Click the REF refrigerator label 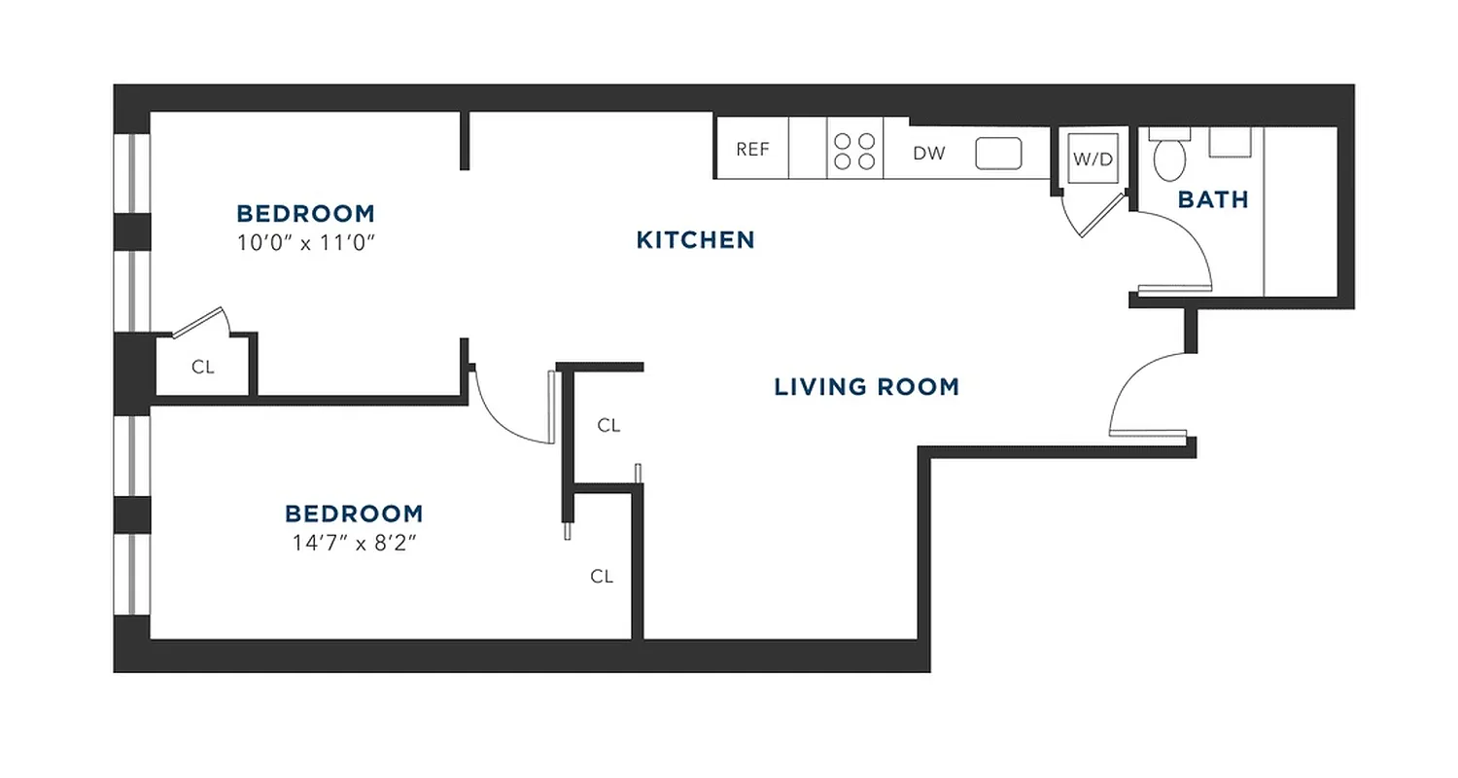point(752,149)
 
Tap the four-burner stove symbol point(854,151)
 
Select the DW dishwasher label point(929,154)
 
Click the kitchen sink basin point(998,153)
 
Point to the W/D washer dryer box point(1093,159)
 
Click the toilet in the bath point(1168,157)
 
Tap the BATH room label point(1213,199)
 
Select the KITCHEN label point(695,239)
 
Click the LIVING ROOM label point(866,387)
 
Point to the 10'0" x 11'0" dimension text point(306,242)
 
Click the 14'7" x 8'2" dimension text point(354,543)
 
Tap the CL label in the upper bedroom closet point(202,368)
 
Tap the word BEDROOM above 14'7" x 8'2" point(354,513)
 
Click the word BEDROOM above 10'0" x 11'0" point(305,213)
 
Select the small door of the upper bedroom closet point(200,323)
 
